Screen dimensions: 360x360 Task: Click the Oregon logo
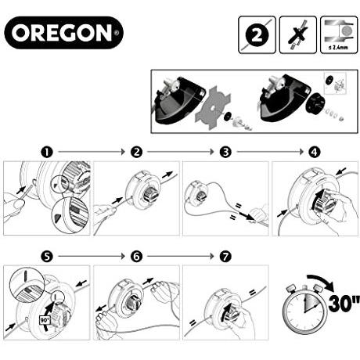coord(63,33)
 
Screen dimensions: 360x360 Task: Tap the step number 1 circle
coord(47,152)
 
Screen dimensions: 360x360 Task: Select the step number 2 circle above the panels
coord(136,152)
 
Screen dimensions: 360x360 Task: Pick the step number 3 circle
coord(225,152)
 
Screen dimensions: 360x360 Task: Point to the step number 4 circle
coord(315,152)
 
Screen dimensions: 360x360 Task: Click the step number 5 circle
coord(47,257)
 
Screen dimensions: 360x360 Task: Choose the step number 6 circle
coord(136,257)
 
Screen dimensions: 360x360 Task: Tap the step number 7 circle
coord(225,257)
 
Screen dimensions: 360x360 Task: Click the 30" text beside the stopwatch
coord(344,304)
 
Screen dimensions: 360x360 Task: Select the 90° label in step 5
coord(45,320)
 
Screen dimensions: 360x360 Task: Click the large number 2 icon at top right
coord(257,35)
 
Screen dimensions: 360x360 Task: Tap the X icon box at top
coord(298,35)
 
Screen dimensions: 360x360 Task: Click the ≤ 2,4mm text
coord(338,48)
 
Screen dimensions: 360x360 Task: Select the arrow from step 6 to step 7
coord(181,256)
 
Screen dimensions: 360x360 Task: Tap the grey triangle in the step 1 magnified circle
coord(57,218)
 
